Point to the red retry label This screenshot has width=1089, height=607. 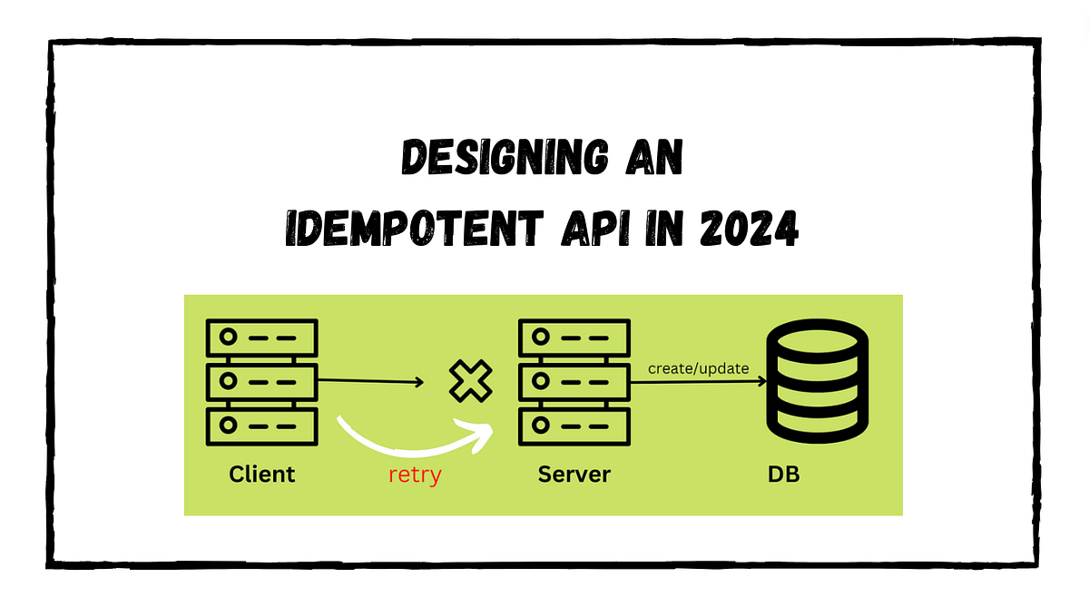[414, 475]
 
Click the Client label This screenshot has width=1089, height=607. [262, 474]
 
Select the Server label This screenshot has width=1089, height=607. [574, 474]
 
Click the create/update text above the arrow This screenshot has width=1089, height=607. [698, 368]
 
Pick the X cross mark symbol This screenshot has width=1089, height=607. [471, 382]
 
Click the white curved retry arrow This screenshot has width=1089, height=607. [408, 445]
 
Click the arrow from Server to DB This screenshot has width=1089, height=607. [699, 382]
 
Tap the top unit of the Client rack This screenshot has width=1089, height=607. [261, 337]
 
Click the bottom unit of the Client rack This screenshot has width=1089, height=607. [261, 426]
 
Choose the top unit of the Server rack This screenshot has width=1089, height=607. [573, 337]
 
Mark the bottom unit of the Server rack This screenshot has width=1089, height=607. [573, 426]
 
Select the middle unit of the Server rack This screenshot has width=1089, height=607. [573, 381]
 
